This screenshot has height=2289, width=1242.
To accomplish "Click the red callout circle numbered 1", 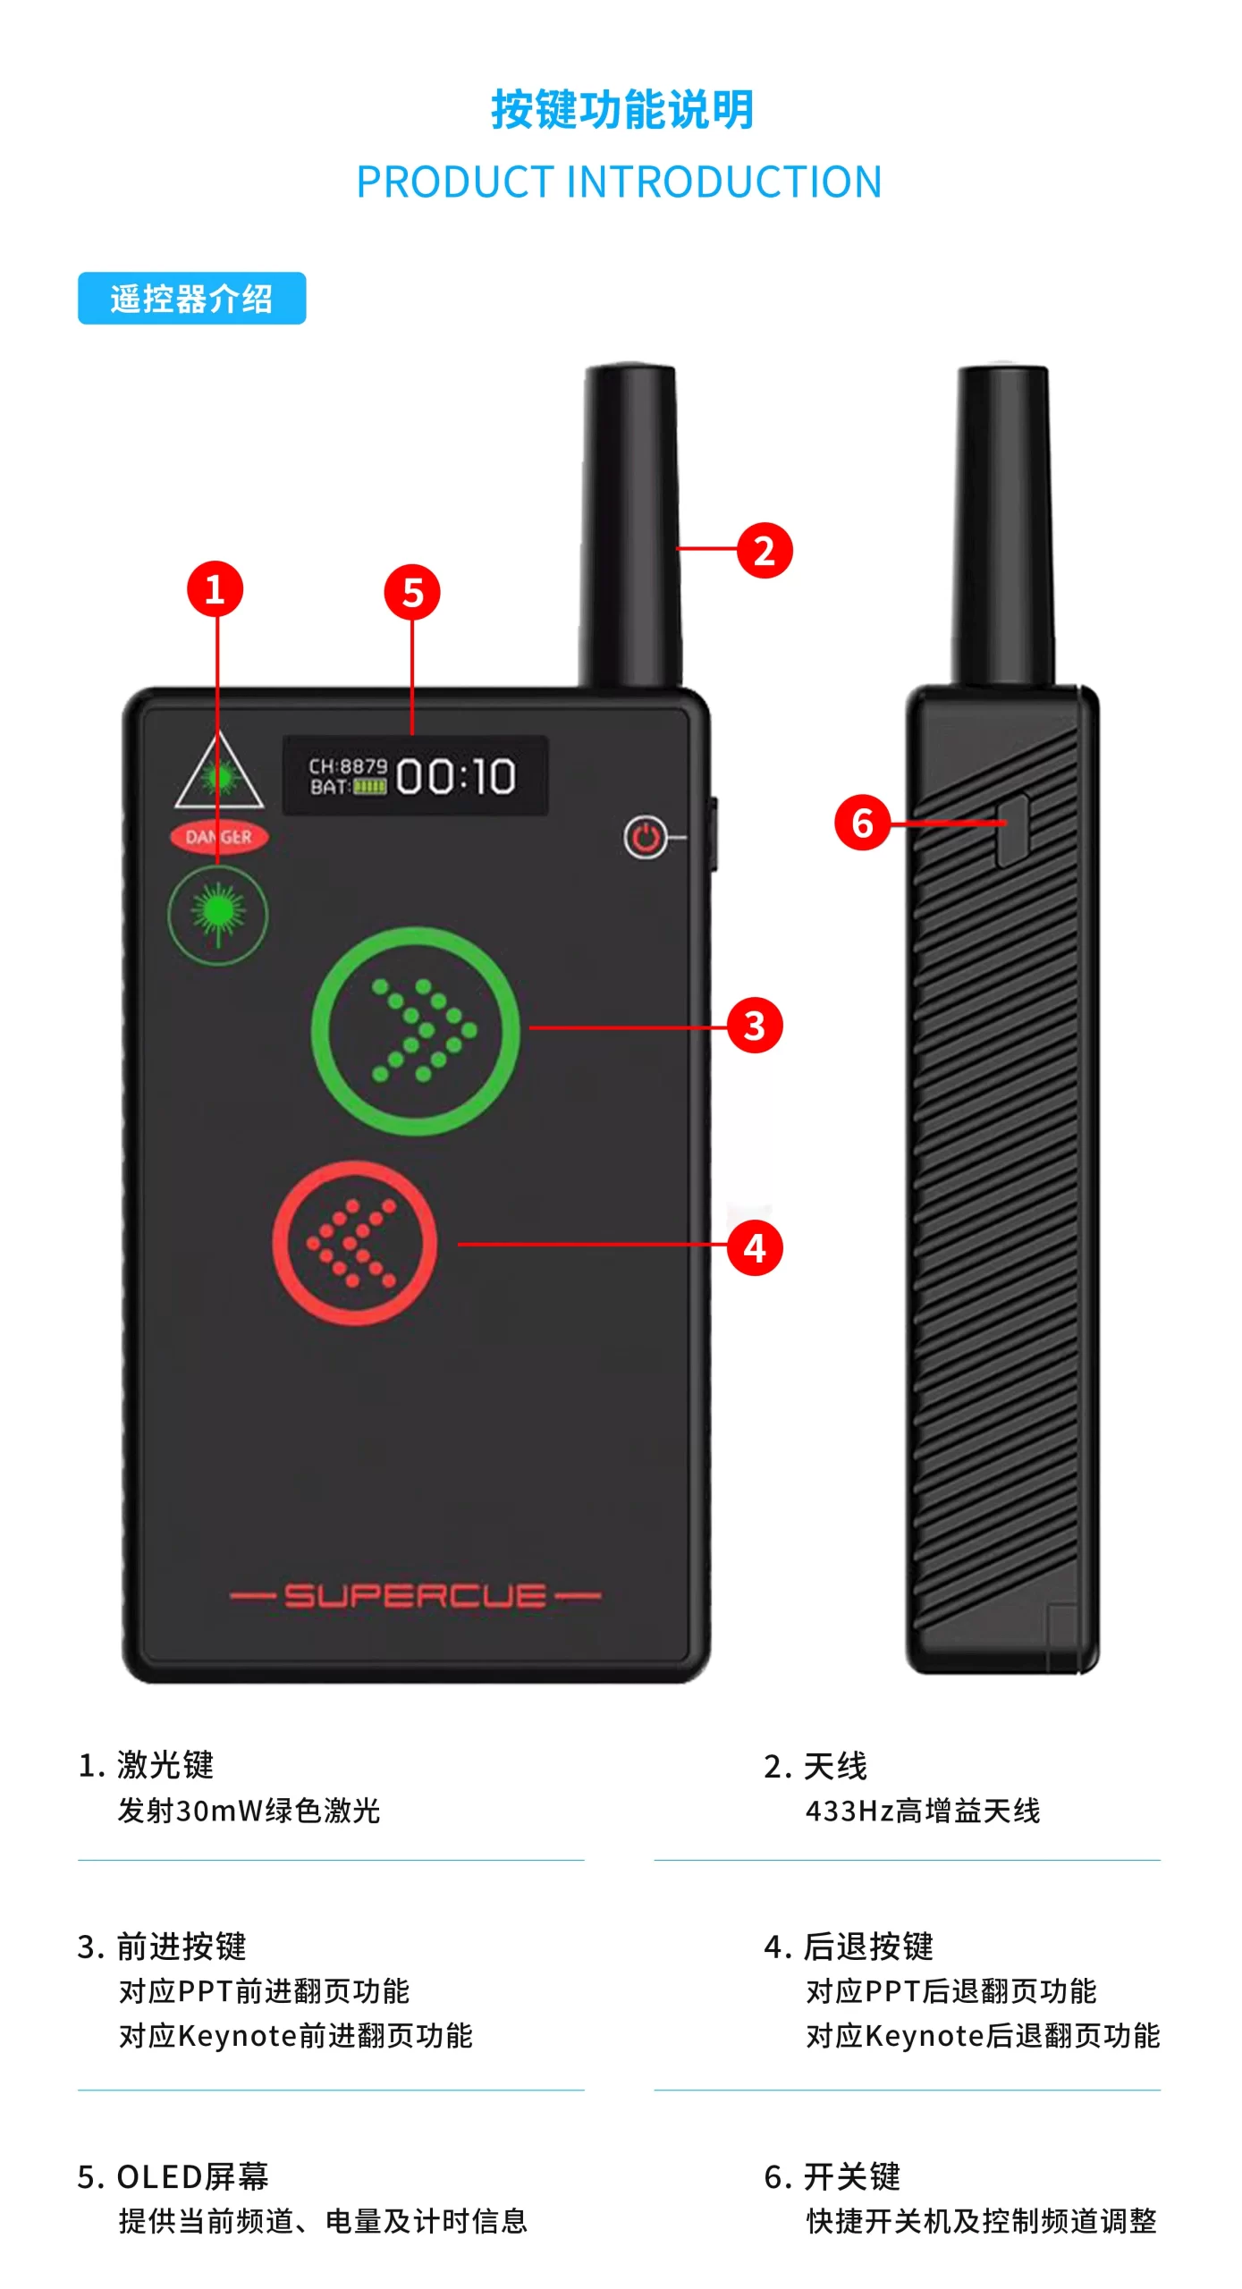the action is pyautogui.click(x=215, y=588).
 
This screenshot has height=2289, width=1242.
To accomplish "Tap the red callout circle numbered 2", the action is pyautogui.click(x=765, y=550).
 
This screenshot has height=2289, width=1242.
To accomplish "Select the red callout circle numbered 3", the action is pyautogui.click(x=755, y=1026).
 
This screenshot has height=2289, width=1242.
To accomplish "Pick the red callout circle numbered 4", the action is pyautogui.click(x=755, y=1247).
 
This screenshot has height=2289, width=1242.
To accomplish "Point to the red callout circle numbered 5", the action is pyautogui.click(x=412, y=592).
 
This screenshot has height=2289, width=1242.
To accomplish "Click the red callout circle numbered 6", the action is pyautogui.click(x=862, y=822).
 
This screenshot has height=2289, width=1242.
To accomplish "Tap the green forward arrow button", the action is pyautogui.click(x=416, y=1031).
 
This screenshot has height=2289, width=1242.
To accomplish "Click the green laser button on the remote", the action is pyautogui.click(x=217, y=915).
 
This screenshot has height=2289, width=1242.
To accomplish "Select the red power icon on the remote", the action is pyautogui.click(x=646, y=838).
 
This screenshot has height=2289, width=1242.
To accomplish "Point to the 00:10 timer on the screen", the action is pyautogui.click(x=456, y=776).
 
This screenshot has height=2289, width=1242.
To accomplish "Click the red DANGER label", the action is pyautogui.click(x=219, y=837).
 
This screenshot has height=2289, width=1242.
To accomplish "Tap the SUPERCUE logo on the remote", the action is pyautogui.click(x=415, y=1596).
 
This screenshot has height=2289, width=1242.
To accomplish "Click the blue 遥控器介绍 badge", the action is pyautogui.click(x=192, y=298).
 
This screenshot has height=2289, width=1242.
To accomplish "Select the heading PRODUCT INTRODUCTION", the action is pyautogui.click(x=620, y=182).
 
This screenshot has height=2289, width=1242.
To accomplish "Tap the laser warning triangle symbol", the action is pyautogui.click(x=219, y=770).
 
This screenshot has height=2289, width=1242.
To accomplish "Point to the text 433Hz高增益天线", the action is pyautogui.click(x=923, y=1811).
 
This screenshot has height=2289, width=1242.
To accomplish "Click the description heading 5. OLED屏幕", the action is pyautogui.click(x=173, y=2176).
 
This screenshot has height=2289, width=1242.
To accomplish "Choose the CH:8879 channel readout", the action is pyautogui.click(x=348, y=766).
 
